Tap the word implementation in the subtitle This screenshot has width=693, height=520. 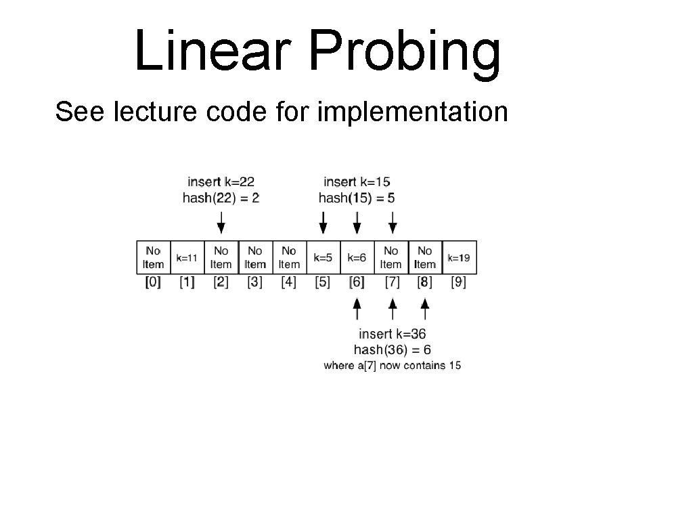coord(412,112)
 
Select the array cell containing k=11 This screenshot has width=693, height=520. coord(187,258)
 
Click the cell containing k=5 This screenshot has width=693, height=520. coord(323,258)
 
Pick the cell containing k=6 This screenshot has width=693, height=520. coord(357,258)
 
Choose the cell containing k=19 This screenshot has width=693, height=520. coord(459,258)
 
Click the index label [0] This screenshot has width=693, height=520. coord(153,282)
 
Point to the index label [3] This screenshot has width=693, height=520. coord(254,282)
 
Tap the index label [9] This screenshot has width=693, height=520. coord(459,282)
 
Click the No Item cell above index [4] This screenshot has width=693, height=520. coord(289,258)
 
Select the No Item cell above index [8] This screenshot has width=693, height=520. coord(424,258)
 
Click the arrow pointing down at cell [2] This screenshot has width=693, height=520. coord(221,223)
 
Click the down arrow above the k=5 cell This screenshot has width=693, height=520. coord(323,223)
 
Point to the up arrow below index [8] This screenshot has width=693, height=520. coord(425,309)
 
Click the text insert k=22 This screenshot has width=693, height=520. coord(221,181)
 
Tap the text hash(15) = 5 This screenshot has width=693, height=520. coord(357,198)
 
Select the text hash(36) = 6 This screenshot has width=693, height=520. coord(393,349)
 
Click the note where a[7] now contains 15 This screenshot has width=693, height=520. coord(393,366)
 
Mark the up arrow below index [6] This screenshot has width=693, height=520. coord(357,309)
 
